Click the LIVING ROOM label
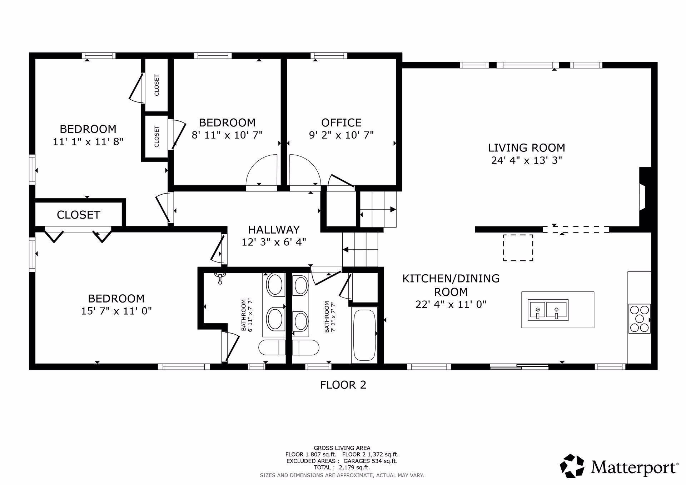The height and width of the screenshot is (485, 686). click(x=526, y=147)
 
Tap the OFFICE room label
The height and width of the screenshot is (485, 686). click(x=341, y=122)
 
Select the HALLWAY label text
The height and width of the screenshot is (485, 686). click(x=274, y=229)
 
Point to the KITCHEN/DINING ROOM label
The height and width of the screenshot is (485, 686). click(x=451, y=285)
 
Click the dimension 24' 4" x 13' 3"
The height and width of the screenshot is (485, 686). click(x=526, y=160)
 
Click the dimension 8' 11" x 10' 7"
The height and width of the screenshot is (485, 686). click(x=227, y=135)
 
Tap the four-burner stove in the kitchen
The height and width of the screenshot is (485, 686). click(x=639, y=319)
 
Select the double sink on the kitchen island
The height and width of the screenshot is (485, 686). click(x=548, y=310)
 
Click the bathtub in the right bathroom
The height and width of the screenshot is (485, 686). click(x=364, y=335)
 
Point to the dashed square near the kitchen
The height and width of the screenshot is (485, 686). click(x=518, y=247)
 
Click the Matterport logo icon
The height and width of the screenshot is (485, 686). click(x=572, y=466)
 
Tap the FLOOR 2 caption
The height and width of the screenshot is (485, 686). click(x=343, y=385)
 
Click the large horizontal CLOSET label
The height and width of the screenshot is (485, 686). click(x=78, y=215)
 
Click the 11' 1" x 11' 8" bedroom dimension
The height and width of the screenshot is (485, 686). click(x=88, y=141)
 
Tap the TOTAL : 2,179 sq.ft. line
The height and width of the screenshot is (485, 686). click(x=342, y=467)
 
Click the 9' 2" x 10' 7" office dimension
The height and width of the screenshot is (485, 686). click(x=341, y=135)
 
